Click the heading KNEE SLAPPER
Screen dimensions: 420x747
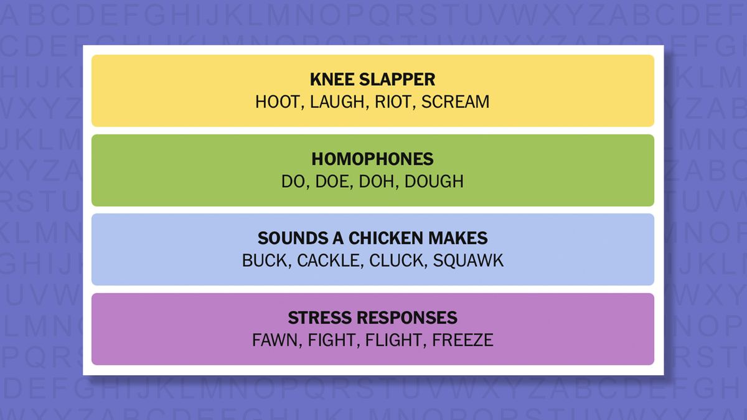tap(372, 80)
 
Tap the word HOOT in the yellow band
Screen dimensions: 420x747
tap(276, 101)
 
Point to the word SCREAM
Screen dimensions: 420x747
tap(455, 101)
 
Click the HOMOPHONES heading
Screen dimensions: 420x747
tap(372, 159)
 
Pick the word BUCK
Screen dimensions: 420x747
tap(265, 260)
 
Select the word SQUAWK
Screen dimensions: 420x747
tap(468, 260)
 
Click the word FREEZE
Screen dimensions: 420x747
tap(463, 340)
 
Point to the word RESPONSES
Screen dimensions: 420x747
tap(406, 318)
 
